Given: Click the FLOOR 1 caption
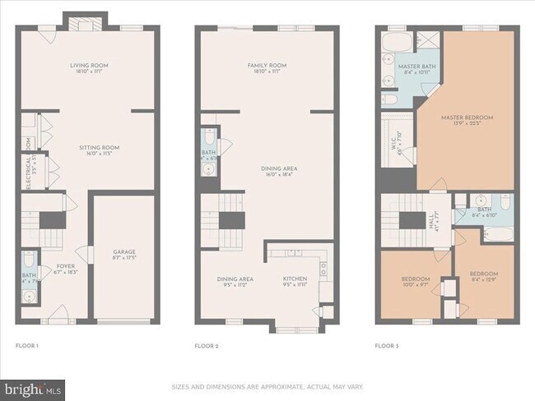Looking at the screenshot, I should click(x=27, y=346).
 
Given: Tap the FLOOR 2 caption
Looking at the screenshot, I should click(x=206, y=346).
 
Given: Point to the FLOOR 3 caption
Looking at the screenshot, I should click(x=386, y=346).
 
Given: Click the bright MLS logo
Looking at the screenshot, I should click(x=34, y=387).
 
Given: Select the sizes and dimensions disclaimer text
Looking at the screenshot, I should click(x=267, y=386).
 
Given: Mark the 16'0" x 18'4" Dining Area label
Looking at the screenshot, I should click(x=266, y=170).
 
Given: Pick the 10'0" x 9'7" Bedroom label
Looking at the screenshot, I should click(x=415, y=282).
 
